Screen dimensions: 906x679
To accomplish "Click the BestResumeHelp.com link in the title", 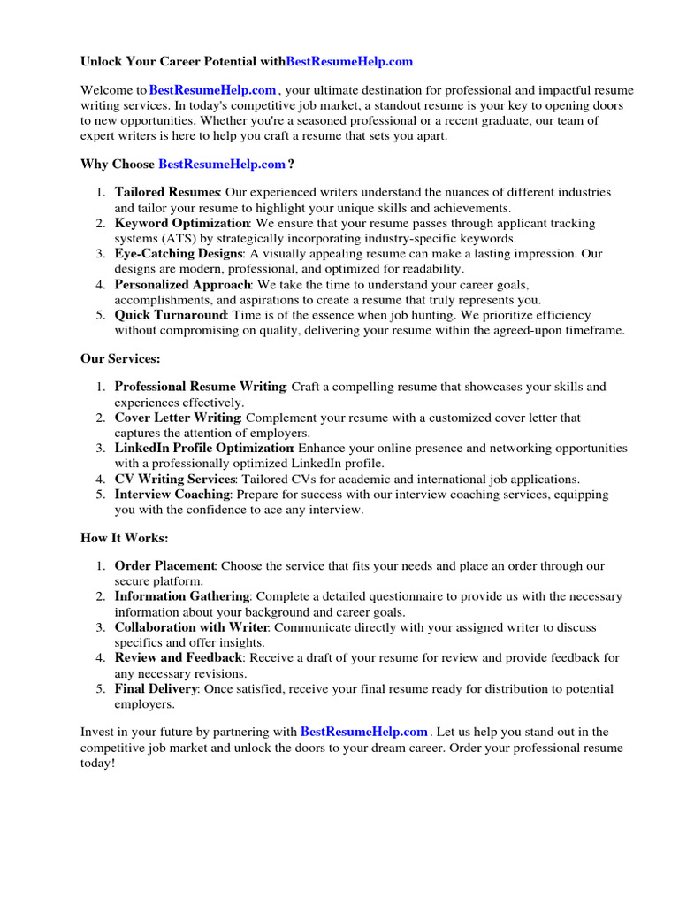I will coord(349,62).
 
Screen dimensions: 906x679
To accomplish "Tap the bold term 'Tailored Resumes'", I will coord(167,192).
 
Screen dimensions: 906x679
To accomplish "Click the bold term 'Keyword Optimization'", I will coord(182,223).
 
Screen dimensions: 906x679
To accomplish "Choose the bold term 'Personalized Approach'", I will coord(183,285).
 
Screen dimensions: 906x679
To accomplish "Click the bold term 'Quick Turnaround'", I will coord(171,316).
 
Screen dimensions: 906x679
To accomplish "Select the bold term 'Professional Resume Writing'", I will coord(200,387).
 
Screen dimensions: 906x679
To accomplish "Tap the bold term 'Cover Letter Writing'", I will coord(178,418).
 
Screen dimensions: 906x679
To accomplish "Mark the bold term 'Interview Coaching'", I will coord(172,495).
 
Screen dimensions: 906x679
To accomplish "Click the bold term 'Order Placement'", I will coord(164,565).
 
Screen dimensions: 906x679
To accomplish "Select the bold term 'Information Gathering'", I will coord(182,596).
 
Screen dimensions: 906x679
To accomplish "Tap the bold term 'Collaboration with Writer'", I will coord(192,627).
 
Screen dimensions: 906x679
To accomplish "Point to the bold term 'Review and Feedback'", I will coord(178,658).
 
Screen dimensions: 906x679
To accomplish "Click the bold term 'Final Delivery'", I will coord(156,689).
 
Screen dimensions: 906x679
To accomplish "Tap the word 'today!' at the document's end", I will coord(98,764).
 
